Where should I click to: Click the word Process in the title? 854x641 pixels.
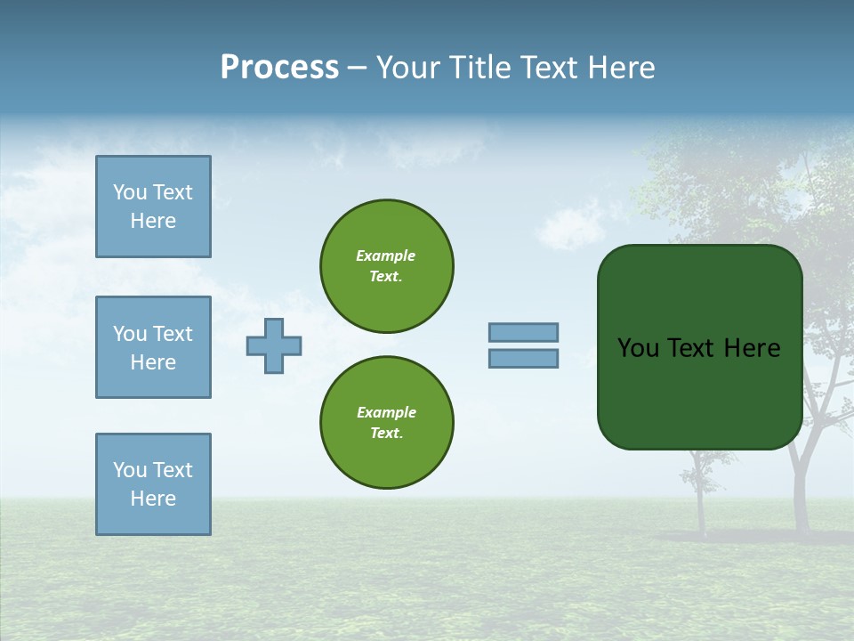(x=279, y=68)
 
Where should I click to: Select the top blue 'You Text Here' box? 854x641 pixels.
(x=153, y=207)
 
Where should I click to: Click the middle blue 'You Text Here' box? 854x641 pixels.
(x=153, y=347)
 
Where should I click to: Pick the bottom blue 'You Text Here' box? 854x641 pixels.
(x=153, y=484)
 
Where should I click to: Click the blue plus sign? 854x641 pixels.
(x=274, y=345)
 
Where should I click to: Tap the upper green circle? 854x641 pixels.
(x=387, y=266)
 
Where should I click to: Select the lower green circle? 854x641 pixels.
(x=387, y=423)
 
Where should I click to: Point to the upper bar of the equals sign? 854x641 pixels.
(x=524, y=332)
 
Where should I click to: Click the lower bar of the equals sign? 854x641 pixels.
(x=524, y=359)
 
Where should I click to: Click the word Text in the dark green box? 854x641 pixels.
(x=692, y=348)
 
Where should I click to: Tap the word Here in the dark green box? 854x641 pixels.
(x=752, y=348)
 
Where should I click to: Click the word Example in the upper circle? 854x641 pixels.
(x=385, y=256)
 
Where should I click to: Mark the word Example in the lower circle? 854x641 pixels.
(x=386, y=412)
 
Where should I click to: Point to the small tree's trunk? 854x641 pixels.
(x=700, y=507)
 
